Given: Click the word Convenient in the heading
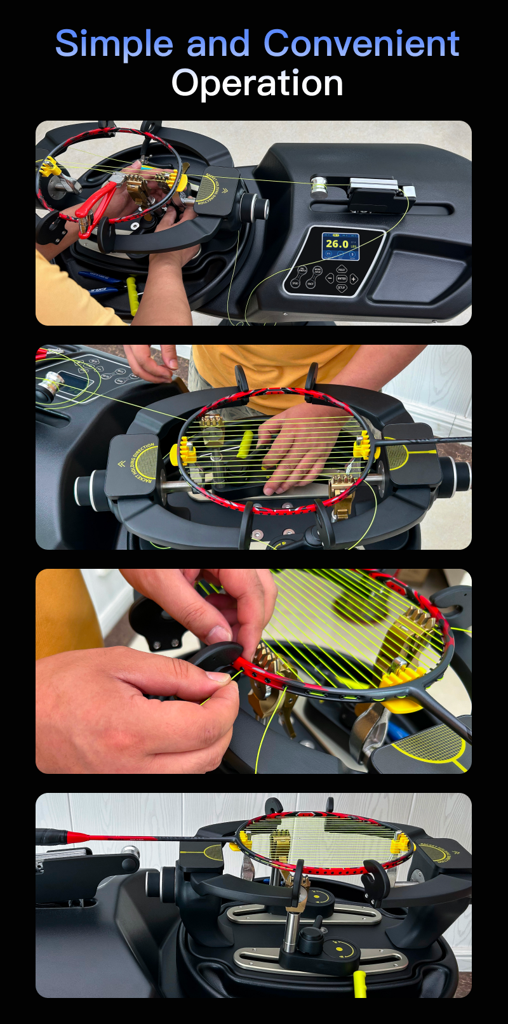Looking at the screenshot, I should pyautogui.click(x=361, y=44).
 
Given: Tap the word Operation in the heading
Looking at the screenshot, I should pyautogui.click(x=257, y=84).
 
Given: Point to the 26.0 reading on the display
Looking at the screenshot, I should pyautogui.click(x=337, y=244).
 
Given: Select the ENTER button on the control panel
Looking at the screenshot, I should pyautogui.click(x=342, y=279).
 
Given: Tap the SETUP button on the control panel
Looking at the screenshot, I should pyautogui.click(x=342, y=288).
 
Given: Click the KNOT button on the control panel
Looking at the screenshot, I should pyautogui.click(x=311, y=284).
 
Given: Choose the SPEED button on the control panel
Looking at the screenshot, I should pyautogui.click(x=295, y=283).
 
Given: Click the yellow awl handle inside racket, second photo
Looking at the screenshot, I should pyautogui.click(x=245, y=444).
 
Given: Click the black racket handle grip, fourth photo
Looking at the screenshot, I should pyautogui.click(x=51, y=836).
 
